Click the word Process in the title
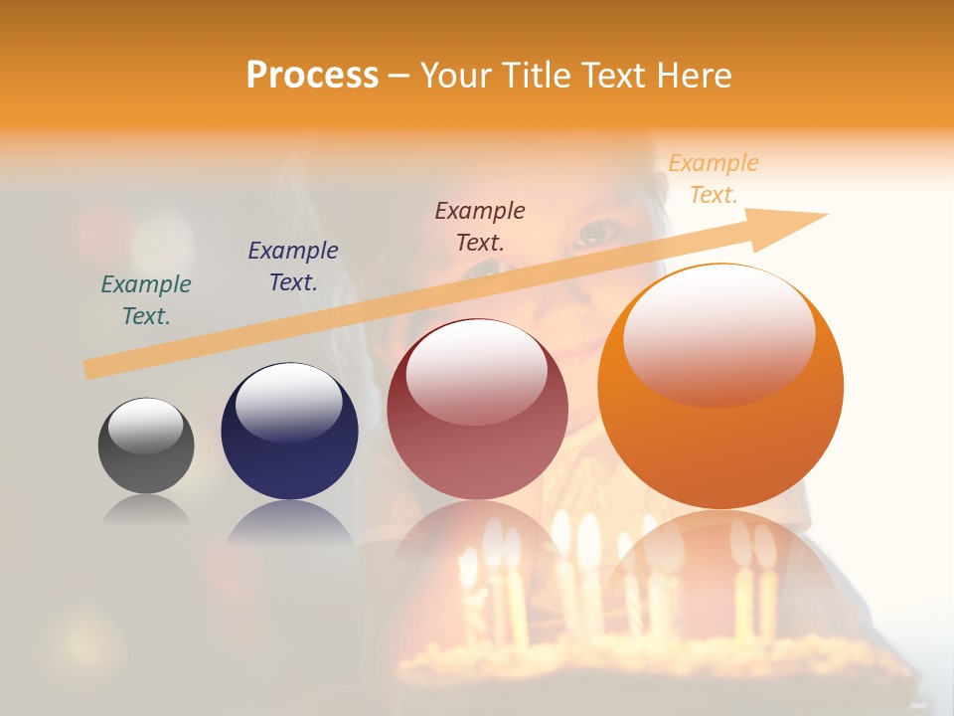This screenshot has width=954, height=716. (312, 76)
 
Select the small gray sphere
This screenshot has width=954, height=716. (146, 446)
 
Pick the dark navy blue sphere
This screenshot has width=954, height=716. (289, 431)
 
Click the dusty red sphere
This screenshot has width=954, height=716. (477, 409)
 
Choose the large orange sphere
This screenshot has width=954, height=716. (720, 386)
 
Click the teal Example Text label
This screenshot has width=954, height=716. (146, 299)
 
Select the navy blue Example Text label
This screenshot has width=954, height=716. (293, 266)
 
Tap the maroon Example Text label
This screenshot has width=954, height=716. (480, 226)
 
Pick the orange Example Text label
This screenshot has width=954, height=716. (714, 178)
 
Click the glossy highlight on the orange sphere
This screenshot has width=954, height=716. (718, 336)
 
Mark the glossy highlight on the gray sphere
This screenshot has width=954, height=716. (145, 427)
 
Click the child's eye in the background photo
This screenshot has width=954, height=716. (598, 234)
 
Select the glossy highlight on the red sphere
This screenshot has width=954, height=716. (476, 372)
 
